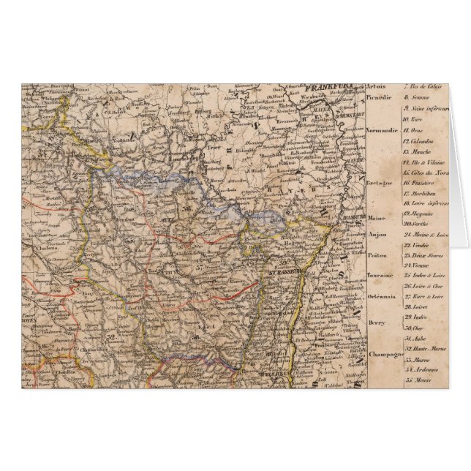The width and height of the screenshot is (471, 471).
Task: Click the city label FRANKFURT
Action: coord(334,87)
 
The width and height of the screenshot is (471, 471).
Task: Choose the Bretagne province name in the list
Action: coord(381,181)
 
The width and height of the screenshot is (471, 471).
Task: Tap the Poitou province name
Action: coord(377,255)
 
